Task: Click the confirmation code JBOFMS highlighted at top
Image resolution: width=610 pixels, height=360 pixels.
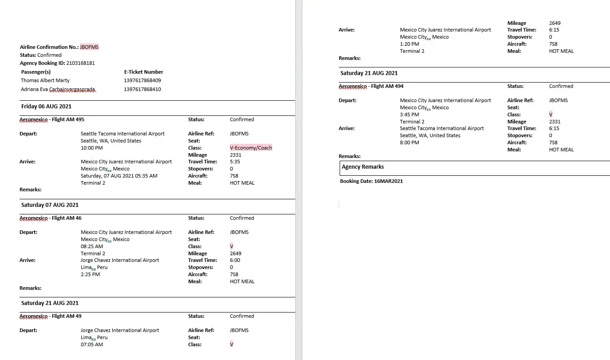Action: click(x=89, y=47)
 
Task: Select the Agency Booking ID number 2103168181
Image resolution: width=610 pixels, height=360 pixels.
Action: click(x=80, y=63)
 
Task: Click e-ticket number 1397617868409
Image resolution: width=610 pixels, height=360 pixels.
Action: click(x=142, y=81)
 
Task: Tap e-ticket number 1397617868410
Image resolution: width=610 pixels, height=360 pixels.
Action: click(x=142, y=89)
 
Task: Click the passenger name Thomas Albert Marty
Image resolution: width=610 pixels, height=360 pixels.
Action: click(x=45, y=81)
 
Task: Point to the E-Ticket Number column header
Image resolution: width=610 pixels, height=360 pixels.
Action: click(x=143, y=72)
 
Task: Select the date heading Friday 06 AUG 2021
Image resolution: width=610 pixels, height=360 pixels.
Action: click(x=46, y=107)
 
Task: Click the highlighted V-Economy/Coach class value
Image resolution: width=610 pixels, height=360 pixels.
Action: click(x=251, y=148)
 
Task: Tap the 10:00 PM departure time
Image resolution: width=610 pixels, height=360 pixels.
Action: click(x=91, y=148)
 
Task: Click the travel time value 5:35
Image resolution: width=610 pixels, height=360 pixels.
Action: click(x=235, y=162)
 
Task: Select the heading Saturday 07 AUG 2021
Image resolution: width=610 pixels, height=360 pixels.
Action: click(x=50, y=205)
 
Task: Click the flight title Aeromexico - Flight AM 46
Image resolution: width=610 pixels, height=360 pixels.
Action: click(x=51, y=218)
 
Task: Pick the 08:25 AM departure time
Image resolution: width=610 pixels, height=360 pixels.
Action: click(x=92, y=246)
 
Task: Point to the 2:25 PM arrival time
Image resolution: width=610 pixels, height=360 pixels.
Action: click(x=90, y=274)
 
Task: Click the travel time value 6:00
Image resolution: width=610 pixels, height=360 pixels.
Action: click(x=235, y=261)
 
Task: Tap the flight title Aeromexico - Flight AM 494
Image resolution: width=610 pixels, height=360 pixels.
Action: click(x=371, y=86)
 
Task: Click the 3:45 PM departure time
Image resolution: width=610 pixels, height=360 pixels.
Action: click(x=409, y=115)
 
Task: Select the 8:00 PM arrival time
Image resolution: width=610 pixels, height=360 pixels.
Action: click(x=409, y=142)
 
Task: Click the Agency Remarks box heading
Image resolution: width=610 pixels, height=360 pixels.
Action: click(x=363, y=167)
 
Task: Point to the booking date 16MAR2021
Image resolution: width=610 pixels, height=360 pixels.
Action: click(x=388, y=181)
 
